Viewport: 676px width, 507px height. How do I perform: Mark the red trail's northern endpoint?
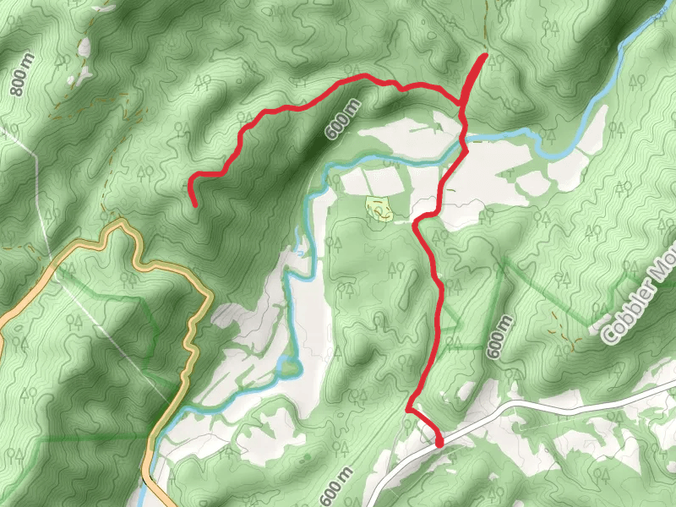484,57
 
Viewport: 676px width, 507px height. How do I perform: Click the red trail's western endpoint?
195,204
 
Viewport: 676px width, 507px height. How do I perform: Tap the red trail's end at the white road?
439,443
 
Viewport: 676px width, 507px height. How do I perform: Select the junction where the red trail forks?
461,104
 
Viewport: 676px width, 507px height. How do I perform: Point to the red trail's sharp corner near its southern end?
409,410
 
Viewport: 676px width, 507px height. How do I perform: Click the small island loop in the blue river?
290,368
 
